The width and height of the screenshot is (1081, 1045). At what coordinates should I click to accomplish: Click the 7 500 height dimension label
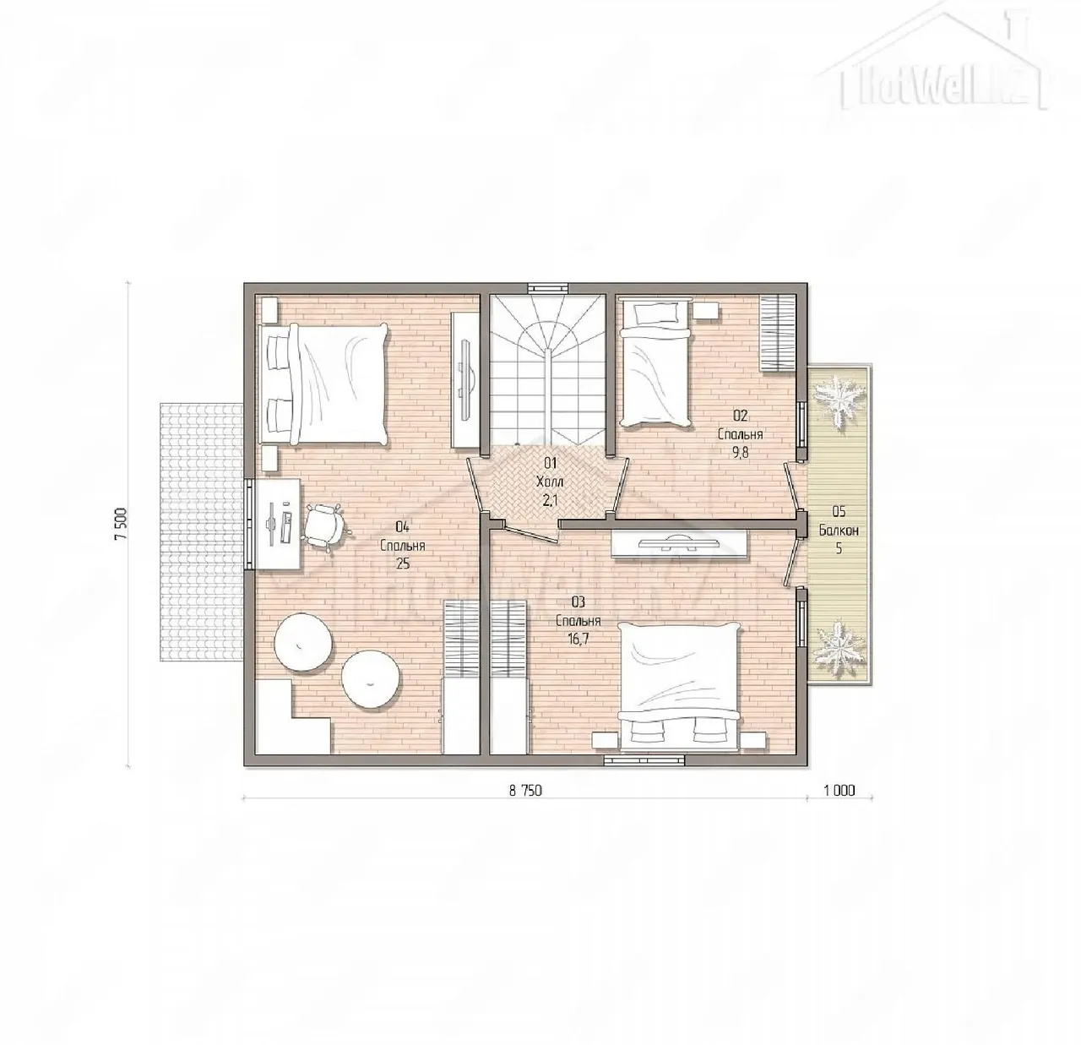[122, 523]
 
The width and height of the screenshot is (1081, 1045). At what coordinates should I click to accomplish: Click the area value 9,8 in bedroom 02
[740, 453]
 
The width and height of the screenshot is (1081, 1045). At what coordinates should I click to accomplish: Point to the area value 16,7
[579, 640]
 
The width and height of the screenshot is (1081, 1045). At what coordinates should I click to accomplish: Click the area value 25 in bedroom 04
[403, 563]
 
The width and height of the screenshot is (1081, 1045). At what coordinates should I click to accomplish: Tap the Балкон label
[839, 531]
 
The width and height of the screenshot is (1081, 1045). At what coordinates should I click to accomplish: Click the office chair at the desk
[327, 526]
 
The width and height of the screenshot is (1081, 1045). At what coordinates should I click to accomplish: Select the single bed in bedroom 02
[655, 363]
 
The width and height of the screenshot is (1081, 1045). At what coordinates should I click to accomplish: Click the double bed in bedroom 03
[679, 688]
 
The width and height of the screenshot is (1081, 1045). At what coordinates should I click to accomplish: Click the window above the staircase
[548, 288]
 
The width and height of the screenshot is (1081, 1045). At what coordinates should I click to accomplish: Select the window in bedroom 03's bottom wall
[644, 760]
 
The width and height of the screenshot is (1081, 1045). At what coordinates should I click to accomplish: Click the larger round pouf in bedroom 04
[304, 644]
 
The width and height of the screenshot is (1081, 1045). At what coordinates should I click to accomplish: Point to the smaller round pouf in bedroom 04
[370, 680]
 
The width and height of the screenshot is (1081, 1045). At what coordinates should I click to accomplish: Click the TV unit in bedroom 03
[678, 543]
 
